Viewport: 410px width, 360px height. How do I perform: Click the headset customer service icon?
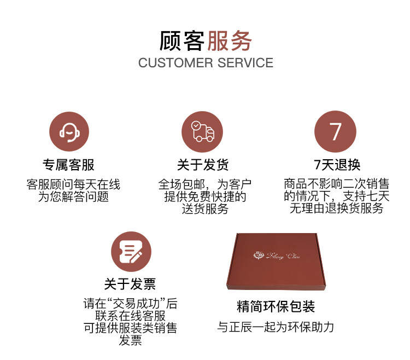pos(69,132)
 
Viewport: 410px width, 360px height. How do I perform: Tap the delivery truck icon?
pos(202,132)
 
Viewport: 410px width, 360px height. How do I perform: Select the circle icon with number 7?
pos(335,132)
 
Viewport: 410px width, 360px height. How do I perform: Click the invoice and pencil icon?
pos(131,252)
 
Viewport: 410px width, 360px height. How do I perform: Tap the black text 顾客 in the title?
pos(182,41)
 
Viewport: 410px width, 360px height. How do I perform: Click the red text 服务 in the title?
pos(229,41)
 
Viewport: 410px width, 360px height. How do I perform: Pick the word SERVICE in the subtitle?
pos(245,63)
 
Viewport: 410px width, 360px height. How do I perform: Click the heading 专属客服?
pos(69,165)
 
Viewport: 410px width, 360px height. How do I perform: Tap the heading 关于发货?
pos(203,165)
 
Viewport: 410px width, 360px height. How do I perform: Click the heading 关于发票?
pos(130,284)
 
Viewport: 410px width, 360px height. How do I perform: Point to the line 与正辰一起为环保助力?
pos(276,327)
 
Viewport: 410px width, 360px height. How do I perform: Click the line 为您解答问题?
pos(73,197)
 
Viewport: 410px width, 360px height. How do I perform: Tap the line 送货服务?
pos(205,209)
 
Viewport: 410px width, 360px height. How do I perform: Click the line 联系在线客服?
pos(130,316)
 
